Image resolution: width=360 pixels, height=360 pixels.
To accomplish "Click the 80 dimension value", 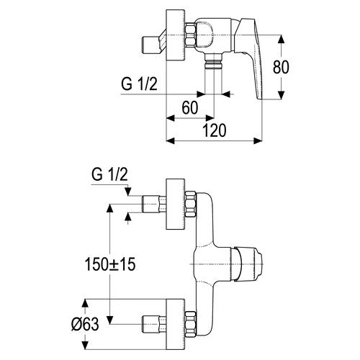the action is tap(281, 67).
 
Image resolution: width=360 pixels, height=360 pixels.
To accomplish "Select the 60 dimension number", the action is tap(190, 107).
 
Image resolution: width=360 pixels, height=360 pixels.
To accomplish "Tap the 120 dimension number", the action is tap(215, 130).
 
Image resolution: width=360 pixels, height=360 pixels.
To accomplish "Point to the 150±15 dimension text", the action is tap(110, 264).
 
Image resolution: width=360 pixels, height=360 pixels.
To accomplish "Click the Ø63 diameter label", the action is tap(85, 324).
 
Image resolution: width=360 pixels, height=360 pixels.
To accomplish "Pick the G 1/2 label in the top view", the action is tap(139, 84).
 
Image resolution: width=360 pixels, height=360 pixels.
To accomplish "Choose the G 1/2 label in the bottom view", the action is tap(109, 174).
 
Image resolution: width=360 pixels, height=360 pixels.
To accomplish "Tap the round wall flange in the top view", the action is tap(176, 35).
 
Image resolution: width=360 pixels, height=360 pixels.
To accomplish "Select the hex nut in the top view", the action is tap(191, 35).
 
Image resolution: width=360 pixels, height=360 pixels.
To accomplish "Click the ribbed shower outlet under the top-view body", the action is tap(213, 61).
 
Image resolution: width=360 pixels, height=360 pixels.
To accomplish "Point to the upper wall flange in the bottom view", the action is tap(176, 204).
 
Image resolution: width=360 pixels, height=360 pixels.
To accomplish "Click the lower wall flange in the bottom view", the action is tap(176, 324).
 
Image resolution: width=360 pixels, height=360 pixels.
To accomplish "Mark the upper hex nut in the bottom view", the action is tap(191, 204).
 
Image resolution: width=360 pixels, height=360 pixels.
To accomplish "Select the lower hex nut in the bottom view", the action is tap(191, 323).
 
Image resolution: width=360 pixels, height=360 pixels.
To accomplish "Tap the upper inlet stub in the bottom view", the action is tap(154, 204).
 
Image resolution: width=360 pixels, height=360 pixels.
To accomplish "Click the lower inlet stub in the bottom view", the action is tap(154, 324).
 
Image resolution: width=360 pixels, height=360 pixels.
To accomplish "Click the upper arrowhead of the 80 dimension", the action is tap(281, 40).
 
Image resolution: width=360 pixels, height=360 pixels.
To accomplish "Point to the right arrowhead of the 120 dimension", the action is tap(258, 141).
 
